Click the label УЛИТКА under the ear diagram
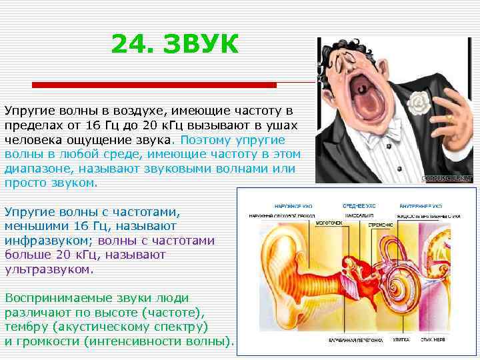click(401, 340)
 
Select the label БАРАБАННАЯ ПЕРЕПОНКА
click(355, 340)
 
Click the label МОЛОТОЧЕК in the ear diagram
click(329, 223)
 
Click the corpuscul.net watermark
click(447, 178)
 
